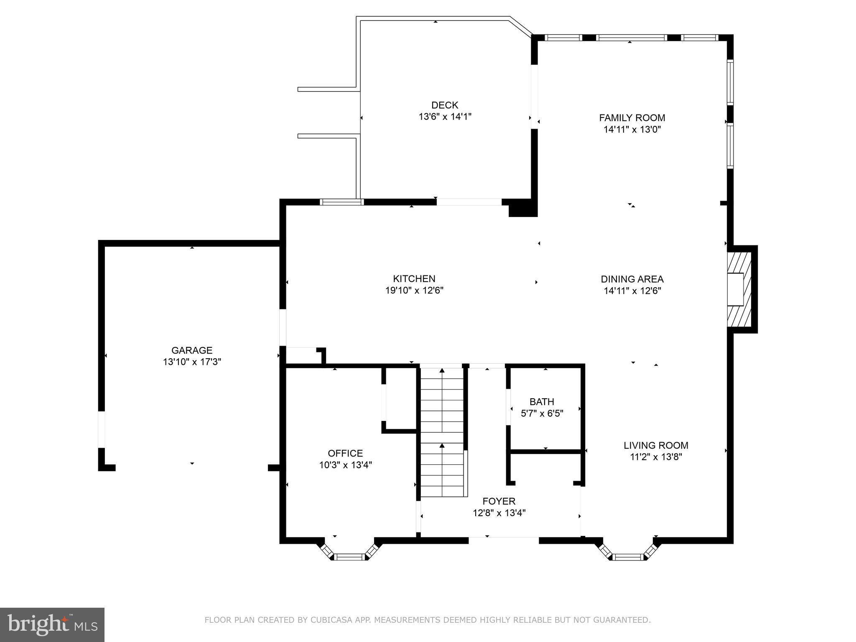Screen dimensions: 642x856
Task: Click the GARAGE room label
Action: (192, 350)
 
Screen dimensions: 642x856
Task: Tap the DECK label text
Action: (445, 105)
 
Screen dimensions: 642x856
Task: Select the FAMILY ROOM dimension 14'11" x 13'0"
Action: (632, 130)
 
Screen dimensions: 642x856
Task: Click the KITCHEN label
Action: (414, 279)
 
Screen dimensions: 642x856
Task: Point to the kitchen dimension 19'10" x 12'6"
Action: (414, 290)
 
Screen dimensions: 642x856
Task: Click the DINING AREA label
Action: (632, 279)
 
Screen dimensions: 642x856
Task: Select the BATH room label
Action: (542, 402)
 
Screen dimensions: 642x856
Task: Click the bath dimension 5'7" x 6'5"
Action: (542, 413)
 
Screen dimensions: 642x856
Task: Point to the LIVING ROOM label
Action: (655, 446)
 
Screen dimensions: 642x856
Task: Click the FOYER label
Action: (499, 501)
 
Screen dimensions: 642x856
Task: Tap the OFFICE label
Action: (345, 453)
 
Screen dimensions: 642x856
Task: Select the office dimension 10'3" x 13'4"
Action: (345, 465)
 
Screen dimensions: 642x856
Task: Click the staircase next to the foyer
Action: (442, 431)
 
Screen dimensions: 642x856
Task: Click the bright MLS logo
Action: (52, 624)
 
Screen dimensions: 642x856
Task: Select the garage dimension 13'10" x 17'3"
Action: (192, 362)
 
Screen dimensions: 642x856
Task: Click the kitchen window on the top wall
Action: (342, 202)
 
